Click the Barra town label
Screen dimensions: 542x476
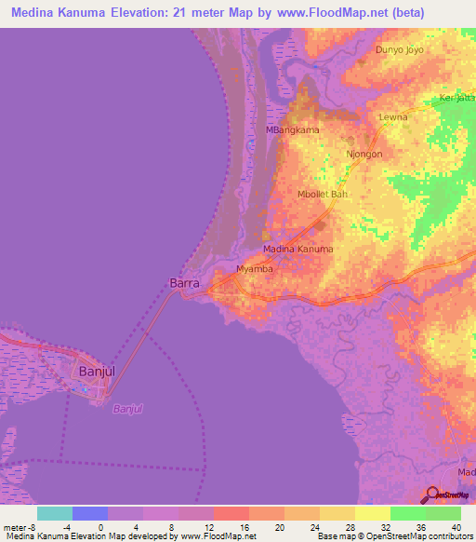coord(185,281)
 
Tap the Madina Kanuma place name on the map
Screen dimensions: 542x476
coord(297,250)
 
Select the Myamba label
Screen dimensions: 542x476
coord(255,268)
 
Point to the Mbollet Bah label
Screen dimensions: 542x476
coord(323,194)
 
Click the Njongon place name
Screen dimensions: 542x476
coord(364,155)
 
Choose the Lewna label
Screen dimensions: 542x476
coord(394,117)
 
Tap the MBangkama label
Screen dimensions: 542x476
coord(293,129)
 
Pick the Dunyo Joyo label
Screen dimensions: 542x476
coord(399,49)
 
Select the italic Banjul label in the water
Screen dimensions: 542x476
coord(128,409)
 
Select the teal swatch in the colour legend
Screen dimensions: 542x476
coord(55,513)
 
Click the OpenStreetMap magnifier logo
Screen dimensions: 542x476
coord(431,495)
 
